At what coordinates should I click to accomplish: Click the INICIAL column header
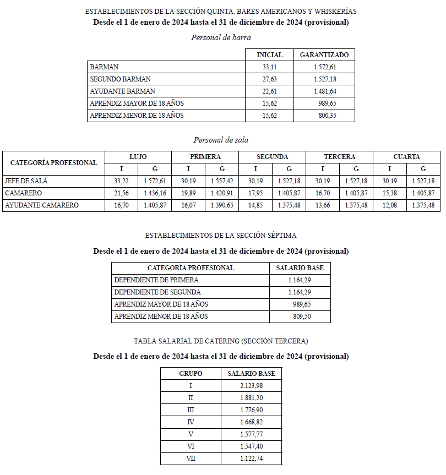pyautogui.click(x=269, y=55)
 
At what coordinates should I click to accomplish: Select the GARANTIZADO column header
pyautogui.click(x=324, y=55)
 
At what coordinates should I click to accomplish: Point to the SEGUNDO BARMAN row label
pyautogui.click(x=120, y=79)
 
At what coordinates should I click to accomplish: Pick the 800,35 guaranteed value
pyautogui.click(x=328, y=116)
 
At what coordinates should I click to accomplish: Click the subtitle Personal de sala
pyautogui.click(x=221, y=140)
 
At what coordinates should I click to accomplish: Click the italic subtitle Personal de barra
pyautogui.click(x=221, y=37)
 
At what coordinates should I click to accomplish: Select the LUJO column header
pyautogui.click(x=138, y=157)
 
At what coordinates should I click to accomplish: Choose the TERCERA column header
pyautogui.click(x=339, y=157)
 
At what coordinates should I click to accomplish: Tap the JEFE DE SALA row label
pyautogui.click(x=25, y=181)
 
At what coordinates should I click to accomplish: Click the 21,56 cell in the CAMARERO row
pyautogui.click(x=121, y=193)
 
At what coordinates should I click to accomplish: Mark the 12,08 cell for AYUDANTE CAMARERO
pyautogui.click(x=389, y=205)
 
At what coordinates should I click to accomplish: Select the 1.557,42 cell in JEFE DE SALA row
pyautogui.click(x=222, y=181)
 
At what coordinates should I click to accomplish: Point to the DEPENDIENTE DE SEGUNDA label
pyautogui.click(x=157, y=292)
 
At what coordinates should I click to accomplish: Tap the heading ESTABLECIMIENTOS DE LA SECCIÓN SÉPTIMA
pyautogui.click(x=221, y=235)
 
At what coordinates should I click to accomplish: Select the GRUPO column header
pyautogui.click(x=191, y=374)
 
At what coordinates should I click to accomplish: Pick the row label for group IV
pyautogui.click(x=191, y=422)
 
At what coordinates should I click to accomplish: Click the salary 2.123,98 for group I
pyautogui.click(x=252, y=386)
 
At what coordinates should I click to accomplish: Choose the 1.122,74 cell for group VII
pyautogui.click(x=252, y=458)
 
